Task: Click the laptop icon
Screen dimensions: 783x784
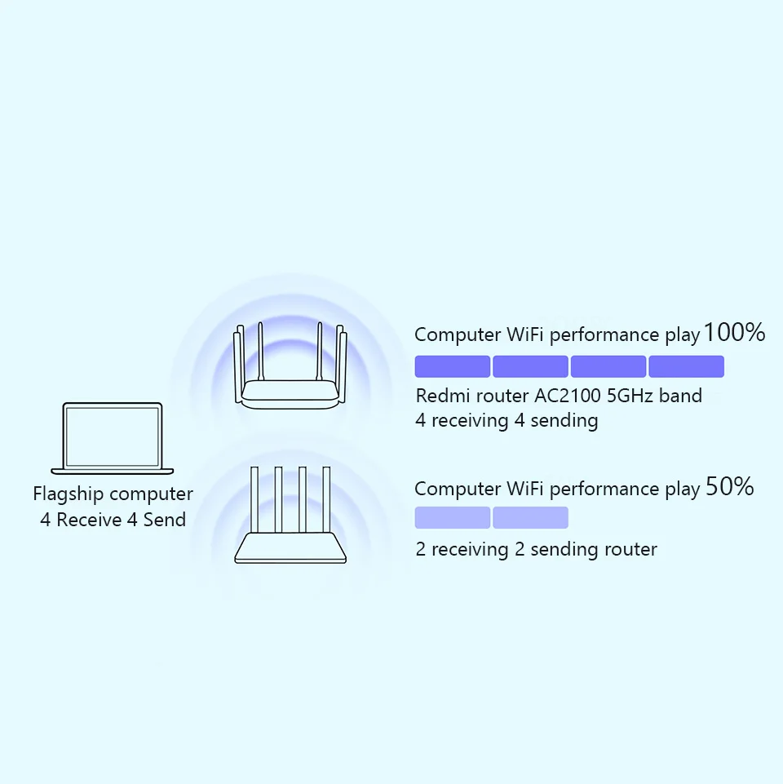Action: click(x=113, y=438)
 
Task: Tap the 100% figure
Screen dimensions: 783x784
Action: click(x=734, y=333)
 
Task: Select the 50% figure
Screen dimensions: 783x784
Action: click(x=729, y=487)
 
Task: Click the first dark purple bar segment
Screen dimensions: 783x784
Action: click(x=453, y=366)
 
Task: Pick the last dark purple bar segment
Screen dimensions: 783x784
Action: click(x=686, y=366)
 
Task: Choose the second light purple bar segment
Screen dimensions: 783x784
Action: click(x=530, y=517)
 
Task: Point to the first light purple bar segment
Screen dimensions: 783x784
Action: click(x=453, y=517)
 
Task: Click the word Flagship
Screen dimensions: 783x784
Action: click(x=68, y=494)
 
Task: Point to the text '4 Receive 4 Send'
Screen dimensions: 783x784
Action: click(x=113, y=520)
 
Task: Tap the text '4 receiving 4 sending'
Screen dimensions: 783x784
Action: click(x=507, y=421)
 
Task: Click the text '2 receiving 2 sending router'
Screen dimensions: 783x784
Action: click(x=536, y=549)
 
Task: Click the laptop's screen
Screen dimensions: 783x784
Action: click(x=113, y=434)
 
